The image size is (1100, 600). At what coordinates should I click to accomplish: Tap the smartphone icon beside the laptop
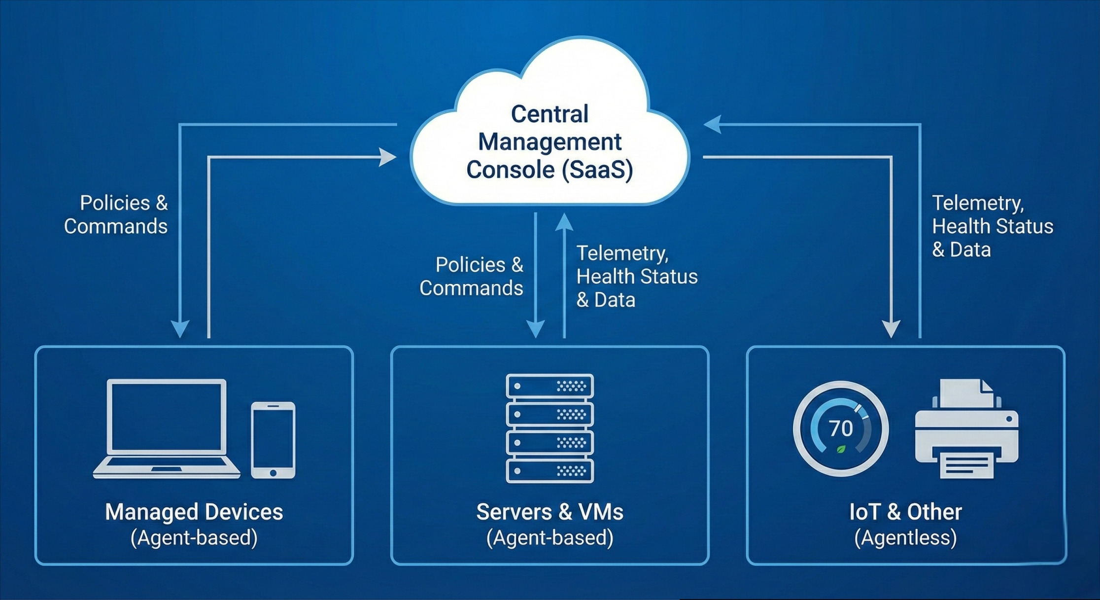pyautogui.click(x=273, y=440)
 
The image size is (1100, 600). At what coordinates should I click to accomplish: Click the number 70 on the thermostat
pyautogui.click(x=841, y=428)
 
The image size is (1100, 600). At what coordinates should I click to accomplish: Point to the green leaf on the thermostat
pyautogui.click(x=841, y=449)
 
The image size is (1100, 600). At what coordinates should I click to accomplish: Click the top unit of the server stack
pyautogui.click(x=550, y=386)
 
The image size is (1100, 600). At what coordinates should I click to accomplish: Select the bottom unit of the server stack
pyautogui.click(x=550, y=471)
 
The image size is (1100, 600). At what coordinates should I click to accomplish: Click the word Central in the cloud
pyautogui.click(x=550, y=114)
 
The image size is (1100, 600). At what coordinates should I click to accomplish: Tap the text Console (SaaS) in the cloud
pyautogui.click(x=550, y=170)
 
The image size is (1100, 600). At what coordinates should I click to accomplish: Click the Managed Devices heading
pyautogui.click(x=194, y=512)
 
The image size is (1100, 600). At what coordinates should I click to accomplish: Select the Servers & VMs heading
pyautogui.click(x=550, y=512)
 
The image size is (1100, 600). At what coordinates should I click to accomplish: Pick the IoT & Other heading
pyautogui.click(x=905, y=512)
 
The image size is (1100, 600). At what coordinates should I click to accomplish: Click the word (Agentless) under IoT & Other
pyautogui.click(x=905, y=537)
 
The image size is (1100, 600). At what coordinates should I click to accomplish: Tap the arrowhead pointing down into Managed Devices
pyautogui.click(x=180, y=328)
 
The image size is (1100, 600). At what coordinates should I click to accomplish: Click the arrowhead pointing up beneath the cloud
pyautogui.click(x=564, y=223)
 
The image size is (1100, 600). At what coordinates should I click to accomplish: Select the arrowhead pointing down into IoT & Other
pyautogui.click(x=891, y=328)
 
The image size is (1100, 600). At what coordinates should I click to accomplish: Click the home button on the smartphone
pyautogui.click(x=273, y=473)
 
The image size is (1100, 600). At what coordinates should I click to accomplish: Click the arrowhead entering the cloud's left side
pyautogui.click(x=388, y=157)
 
